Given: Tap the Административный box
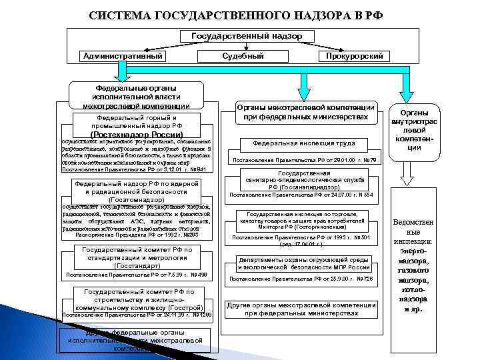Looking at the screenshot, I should [x=123, y=56].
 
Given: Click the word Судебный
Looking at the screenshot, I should [x=247, y=56].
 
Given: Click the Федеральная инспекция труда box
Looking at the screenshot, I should [x=303, y=143].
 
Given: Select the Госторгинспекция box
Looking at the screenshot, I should [x=304, y=221].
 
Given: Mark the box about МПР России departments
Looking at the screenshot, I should [x=304, y=263].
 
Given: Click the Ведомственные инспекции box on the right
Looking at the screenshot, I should [x=417, y=267].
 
